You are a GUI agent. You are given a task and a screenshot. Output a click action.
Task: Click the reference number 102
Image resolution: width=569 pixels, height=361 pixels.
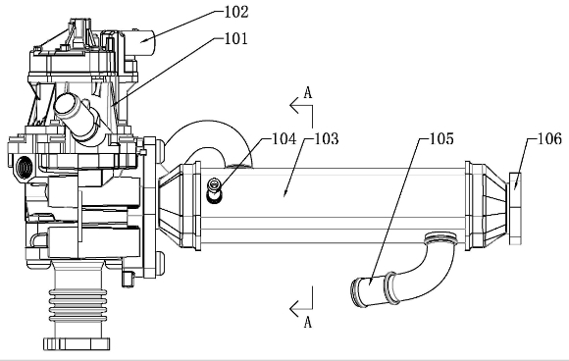(x=236, y=12)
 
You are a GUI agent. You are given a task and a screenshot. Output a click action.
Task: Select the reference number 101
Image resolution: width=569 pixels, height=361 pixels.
(x=235, y=38)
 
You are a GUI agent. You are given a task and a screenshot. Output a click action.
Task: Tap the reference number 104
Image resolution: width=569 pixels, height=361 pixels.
(x=284, y=138)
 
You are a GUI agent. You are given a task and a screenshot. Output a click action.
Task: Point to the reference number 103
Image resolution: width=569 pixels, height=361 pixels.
(x=327, y=138)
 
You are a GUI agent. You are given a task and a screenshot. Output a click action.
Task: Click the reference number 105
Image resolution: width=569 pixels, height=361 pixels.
(x=441, y=138)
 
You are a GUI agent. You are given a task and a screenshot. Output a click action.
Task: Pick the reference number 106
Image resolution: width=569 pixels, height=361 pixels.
(x=549, y=138)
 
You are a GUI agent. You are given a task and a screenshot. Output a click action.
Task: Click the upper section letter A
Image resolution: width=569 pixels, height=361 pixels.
(x=308, y=93)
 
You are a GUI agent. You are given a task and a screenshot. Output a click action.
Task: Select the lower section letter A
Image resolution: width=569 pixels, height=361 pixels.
(x=308, y=322)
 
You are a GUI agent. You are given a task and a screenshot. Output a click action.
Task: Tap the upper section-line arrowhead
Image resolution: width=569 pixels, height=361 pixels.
(x=294, y=106)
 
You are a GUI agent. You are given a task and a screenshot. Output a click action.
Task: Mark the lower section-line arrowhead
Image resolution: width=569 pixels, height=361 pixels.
(x=294, y=309)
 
